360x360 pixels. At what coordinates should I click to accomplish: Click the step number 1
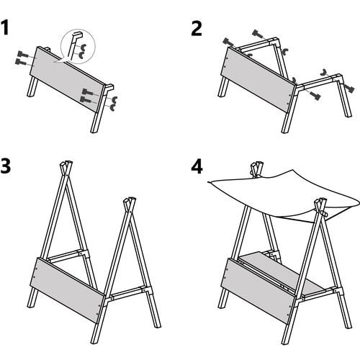point(5,28)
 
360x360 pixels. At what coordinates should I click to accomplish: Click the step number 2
point(197,29)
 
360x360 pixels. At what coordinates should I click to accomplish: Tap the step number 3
point(6,166)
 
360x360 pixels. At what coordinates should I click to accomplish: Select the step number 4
point(197,166)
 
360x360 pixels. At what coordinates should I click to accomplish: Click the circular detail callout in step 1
point(78,46)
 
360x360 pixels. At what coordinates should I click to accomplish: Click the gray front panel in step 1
point(68,79)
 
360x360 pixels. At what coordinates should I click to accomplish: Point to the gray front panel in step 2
point(258,80)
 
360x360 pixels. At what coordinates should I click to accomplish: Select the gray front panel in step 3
point(67,290)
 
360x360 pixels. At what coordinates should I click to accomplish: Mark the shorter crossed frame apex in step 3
point(130,204)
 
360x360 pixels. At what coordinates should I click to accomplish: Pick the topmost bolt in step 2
point(259,35)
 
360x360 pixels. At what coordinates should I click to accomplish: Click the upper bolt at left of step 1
point(23,55)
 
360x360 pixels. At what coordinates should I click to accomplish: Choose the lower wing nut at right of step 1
point(112,107)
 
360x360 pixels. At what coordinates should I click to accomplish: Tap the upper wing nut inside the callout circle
point(84,47)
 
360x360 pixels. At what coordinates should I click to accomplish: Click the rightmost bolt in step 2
point(349,89)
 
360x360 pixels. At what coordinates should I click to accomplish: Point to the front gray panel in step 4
point(258,291)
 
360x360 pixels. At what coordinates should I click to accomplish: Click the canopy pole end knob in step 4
point(325,213)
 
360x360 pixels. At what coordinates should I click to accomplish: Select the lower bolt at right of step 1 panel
point(86,99)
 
